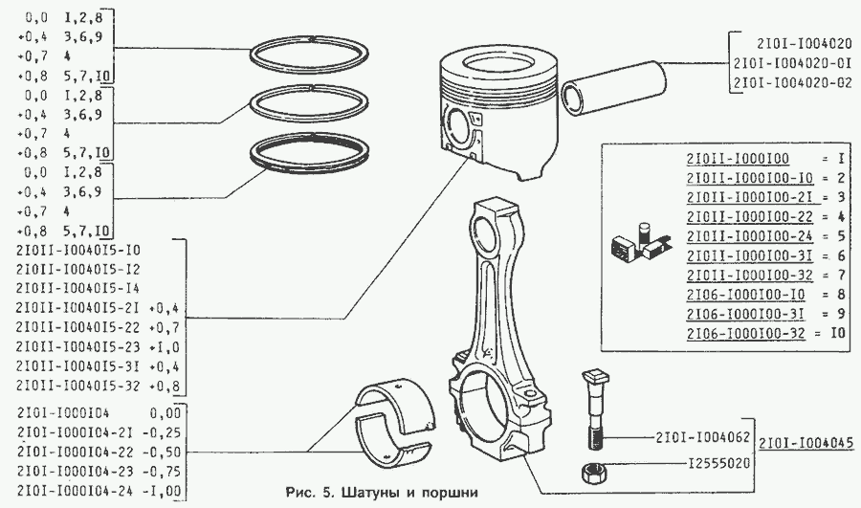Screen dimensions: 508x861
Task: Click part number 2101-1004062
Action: (x=702, y=439)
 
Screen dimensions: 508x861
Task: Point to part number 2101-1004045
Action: (x=806, y=443)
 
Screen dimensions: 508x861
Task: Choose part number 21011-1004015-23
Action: (x=79, y=346)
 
